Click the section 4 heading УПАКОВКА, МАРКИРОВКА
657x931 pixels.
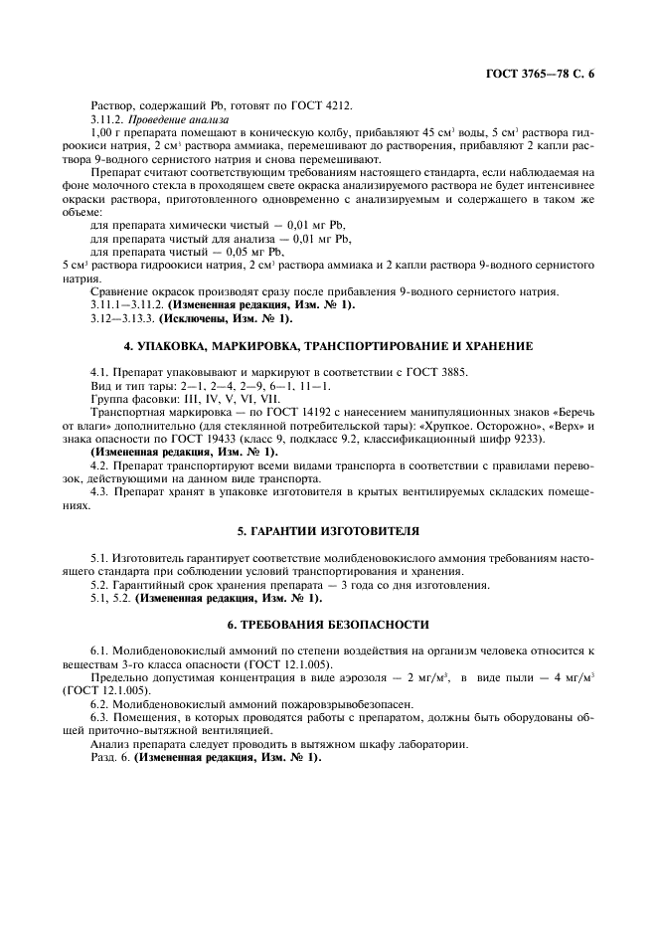[328, 346]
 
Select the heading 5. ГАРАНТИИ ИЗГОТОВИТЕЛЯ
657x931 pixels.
[328, 532]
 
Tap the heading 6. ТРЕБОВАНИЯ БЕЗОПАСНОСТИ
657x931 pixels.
[328, 624]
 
